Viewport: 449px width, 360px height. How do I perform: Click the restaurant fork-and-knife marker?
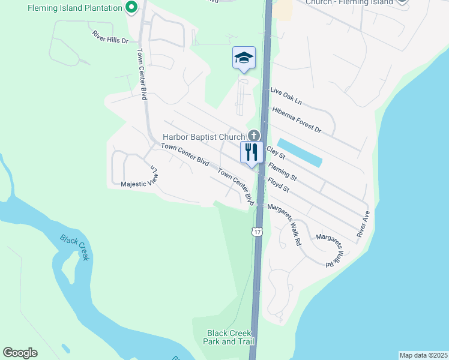[252, 152]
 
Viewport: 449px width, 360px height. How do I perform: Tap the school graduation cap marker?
[244, 58]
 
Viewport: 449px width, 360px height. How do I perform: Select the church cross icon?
[253, 136]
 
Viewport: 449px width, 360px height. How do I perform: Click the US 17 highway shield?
[257, 232]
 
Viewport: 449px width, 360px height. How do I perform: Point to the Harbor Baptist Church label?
[203, 137]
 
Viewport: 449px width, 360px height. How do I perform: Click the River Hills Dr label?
[110, 38]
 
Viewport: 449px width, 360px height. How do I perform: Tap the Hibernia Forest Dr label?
[297, 119]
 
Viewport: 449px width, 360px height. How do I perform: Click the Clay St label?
[276, 154]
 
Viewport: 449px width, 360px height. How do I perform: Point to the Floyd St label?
[279, 184]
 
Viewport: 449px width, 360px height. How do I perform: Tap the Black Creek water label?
[76, 247]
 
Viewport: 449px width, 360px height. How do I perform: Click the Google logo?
[20, 353]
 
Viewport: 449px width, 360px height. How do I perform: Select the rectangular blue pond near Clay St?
[300, 153]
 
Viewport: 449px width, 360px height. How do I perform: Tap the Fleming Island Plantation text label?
[65, 8]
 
